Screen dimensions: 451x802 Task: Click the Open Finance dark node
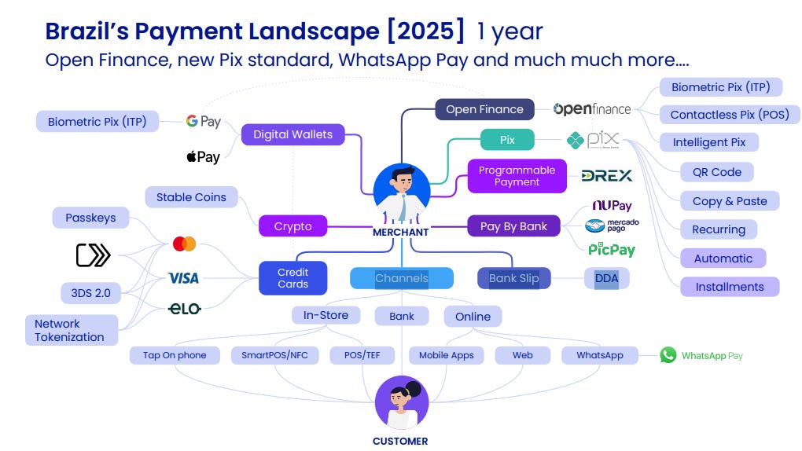coord(484,109)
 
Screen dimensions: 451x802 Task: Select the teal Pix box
coord(507,140)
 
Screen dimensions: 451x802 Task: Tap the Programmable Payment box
coord(517,176)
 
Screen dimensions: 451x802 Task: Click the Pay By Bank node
coord(513,226)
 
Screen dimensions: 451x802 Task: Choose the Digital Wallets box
coord(292,134)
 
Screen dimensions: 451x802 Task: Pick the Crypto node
coord(292,226)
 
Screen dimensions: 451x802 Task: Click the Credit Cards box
coord(292,278)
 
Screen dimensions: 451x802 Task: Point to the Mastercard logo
coord(184,244)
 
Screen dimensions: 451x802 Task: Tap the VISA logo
coord(183,278)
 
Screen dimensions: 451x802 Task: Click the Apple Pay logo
coord(203,157)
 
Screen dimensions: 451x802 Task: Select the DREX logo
coord(607,176)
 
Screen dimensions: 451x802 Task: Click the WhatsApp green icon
coord(668,355)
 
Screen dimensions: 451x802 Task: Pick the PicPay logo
coord(612,250)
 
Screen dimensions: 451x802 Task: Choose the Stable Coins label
coord(191,197)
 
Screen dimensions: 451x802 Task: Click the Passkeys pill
coord(90,218)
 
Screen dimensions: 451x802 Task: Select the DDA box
coord(606,278)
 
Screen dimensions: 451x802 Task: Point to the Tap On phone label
coord(175,355)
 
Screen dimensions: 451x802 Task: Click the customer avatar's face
coord(403,398)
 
